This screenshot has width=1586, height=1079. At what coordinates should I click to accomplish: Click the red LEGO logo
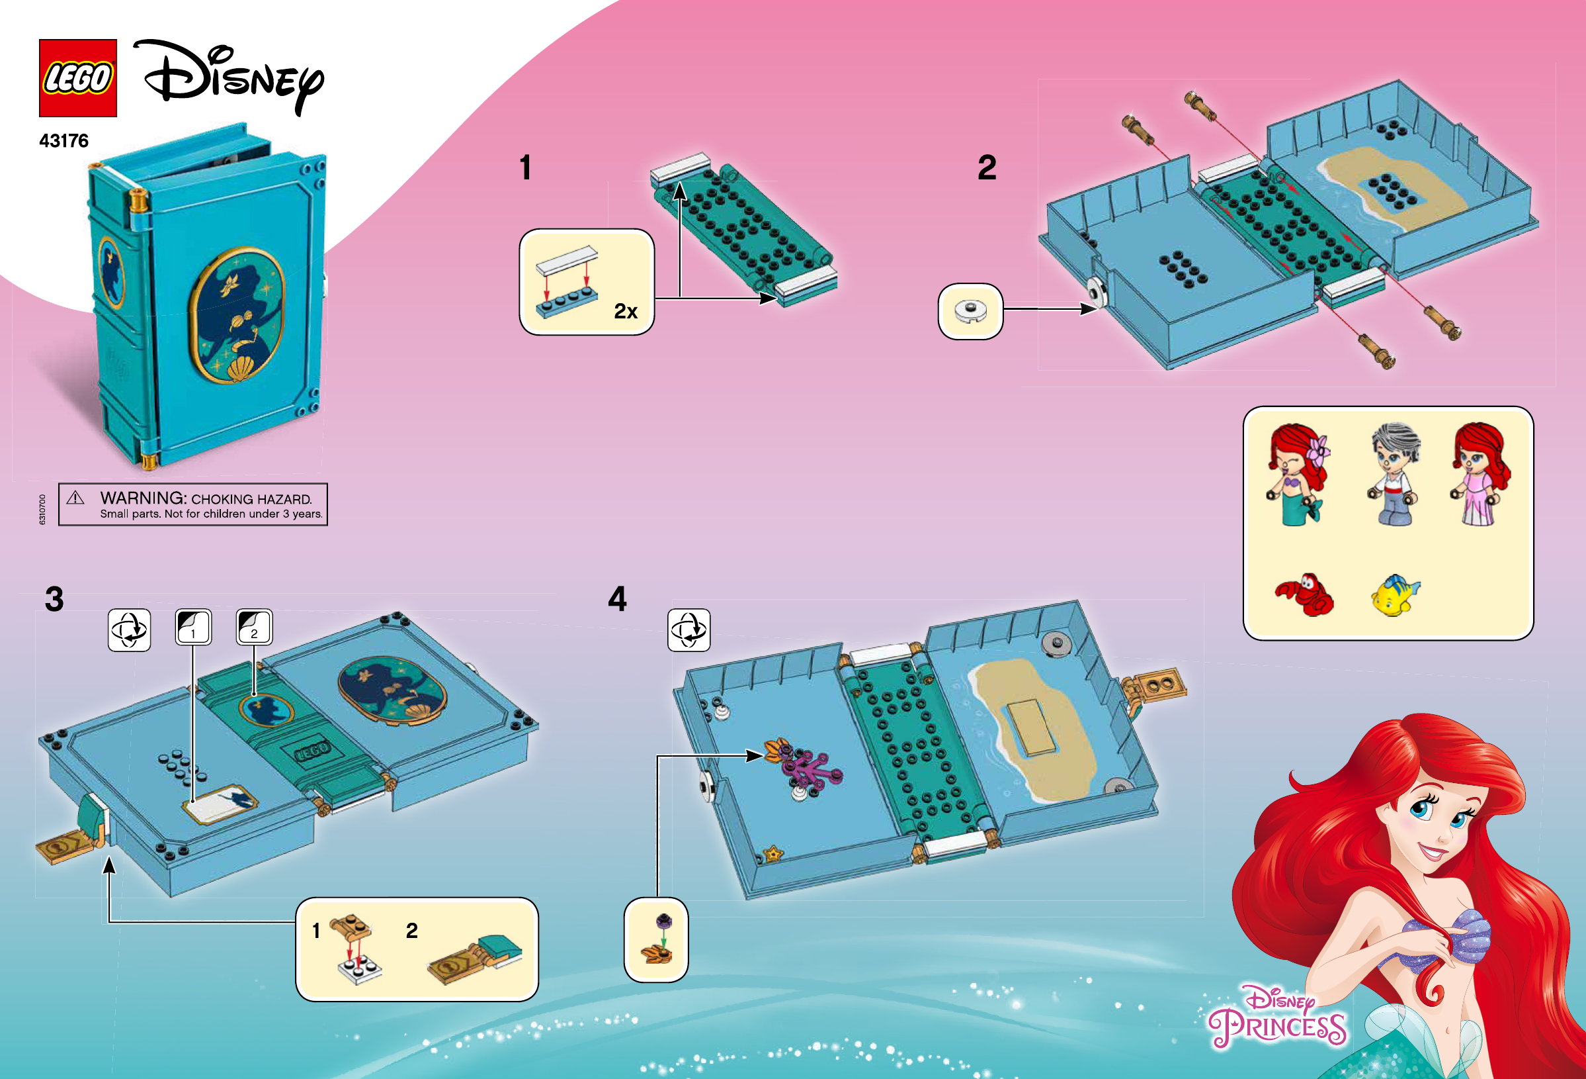click(x=78, y=78)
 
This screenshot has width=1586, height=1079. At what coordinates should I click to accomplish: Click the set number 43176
click(x=64, y=141)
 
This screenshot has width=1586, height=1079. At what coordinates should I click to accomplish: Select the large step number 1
click(x=526, y=167)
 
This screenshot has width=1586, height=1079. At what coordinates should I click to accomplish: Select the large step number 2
click(x=987, y=167)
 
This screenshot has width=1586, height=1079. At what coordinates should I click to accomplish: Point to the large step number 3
click(x=55, y=599)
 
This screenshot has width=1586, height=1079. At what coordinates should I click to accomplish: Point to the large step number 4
click(x=618, y=599)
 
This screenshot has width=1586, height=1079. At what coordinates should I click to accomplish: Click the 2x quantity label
click(x=625, y=311)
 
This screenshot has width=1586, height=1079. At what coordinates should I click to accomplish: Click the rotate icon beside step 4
click(x=689, y=630)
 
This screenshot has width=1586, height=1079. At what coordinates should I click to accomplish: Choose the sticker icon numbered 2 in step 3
click(x=255, y=627)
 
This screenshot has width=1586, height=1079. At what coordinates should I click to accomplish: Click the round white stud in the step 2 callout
click(x=970, y=310)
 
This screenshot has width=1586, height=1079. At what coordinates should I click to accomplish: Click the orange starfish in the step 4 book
click(x=773, y=853)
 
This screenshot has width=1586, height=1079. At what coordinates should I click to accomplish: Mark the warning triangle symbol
click(x=76, y=498)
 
